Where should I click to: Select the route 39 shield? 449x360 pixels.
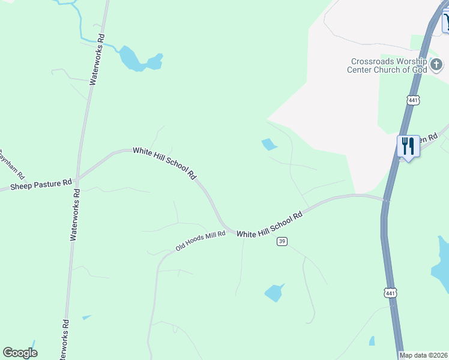point(282,241)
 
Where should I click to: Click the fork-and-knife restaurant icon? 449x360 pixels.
point(408,146)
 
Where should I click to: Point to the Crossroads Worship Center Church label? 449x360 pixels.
point(387,65)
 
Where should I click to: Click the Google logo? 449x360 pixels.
point(20,353)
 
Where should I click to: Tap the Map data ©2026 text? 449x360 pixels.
point(424,355)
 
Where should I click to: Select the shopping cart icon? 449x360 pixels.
point(446,22)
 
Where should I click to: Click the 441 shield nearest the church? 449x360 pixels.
point(412,100)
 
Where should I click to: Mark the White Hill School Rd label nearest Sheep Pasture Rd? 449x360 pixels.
point(165,163)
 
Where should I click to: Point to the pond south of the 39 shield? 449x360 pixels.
point(274,293)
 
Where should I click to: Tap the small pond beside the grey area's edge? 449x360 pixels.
point(270,144)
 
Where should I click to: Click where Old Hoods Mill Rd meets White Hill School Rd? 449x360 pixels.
point(228,231)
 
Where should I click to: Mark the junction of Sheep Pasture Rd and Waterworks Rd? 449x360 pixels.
point(77,179)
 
